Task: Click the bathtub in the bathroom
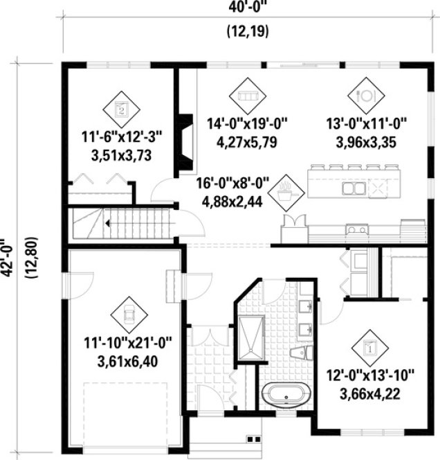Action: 283,398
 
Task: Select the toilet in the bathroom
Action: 299,355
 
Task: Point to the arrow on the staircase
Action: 108,223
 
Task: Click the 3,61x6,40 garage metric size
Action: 125,361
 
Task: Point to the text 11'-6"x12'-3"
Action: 122,136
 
